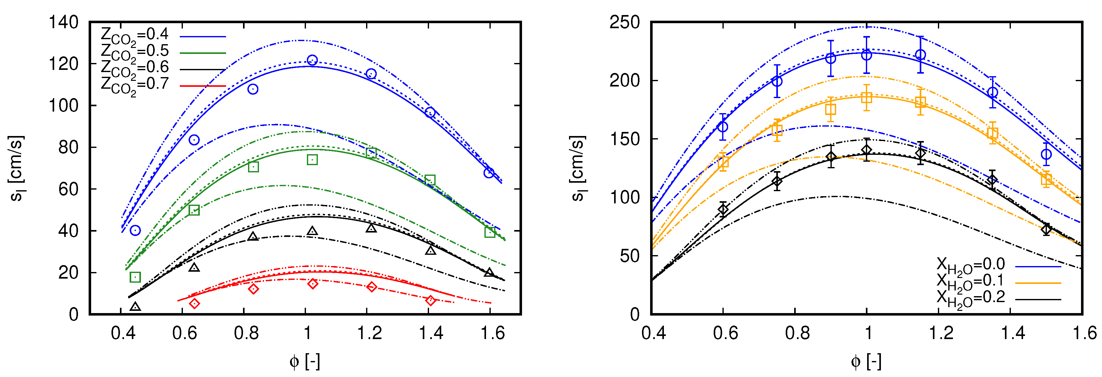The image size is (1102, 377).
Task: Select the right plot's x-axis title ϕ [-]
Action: click(866, 362)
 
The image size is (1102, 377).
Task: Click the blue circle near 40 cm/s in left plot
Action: click(135, 231)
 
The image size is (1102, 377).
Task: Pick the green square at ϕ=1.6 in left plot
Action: click(490, 232)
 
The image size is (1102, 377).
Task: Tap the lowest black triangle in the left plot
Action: click(135, 307)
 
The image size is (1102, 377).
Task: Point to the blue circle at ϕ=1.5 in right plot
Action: click(1046, 154)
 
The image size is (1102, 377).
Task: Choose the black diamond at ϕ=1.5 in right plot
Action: click(1046, 229)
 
